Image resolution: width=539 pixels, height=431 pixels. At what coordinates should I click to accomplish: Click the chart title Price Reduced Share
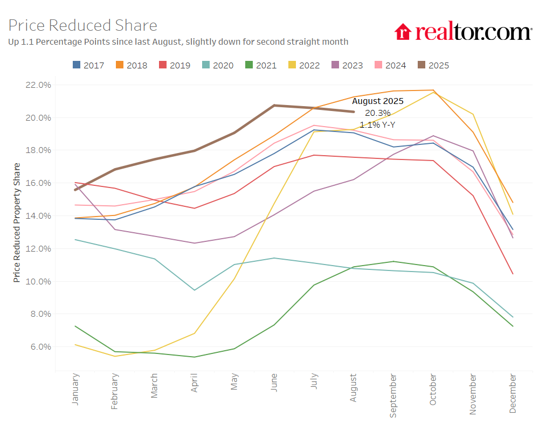pos(83,25)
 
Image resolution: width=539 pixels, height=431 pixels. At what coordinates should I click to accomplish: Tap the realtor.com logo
pos(463,32)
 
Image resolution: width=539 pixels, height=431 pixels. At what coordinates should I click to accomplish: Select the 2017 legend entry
pos(88,65)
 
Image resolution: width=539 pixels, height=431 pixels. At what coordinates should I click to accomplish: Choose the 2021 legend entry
pos(261,65)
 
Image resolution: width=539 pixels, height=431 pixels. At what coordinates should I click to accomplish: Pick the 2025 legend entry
pos(433,65)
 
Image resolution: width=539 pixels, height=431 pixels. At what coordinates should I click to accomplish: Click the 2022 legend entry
pos(304,65)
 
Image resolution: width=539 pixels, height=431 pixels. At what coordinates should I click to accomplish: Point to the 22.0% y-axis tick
pos(38,85)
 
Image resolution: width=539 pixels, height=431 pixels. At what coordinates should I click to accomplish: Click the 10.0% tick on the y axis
pos(38,281)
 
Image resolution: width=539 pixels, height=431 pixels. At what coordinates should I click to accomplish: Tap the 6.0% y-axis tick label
pos(39,346)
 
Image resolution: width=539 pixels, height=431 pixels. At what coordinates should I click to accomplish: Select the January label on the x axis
pos(75,389)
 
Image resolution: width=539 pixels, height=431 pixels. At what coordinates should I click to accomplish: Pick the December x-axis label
pos(513,394)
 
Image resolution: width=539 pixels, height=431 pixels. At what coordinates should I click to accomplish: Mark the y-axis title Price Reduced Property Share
pos(17,222)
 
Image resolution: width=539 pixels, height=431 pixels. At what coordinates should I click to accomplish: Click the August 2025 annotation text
pos(378,101)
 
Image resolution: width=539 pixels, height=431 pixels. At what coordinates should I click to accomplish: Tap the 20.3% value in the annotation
pos(378,113)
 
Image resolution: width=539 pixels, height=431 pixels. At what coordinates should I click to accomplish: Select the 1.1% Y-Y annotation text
pos(378,124)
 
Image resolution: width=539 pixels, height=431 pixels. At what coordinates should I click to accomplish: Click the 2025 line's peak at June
pos(274,106)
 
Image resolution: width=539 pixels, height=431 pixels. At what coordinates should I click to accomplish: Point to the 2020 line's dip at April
pos(195,290)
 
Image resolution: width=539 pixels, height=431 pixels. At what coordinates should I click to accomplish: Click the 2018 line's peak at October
pos(433,90)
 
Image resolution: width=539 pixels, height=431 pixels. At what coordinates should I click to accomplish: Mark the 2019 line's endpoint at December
pos(512,274)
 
